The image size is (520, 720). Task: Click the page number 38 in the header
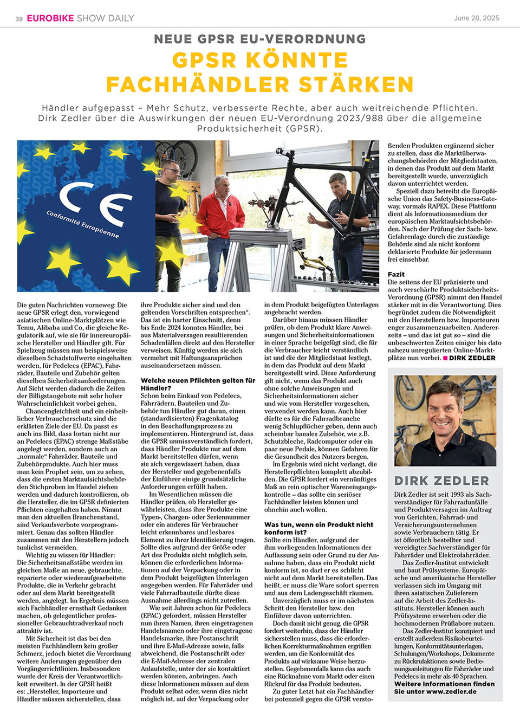pos(19,19)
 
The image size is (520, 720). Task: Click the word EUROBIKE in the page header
pos(50,18)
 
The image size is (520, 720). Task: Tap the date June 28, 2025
pos(477,18)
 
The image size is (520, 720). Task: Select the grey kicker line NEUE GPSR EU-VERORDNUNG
pos(260,39)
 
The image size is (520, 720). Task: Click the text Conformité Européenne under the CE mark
pos(82,224)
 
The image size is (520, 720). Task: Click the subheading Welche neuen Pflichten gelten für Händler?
pos(198,384)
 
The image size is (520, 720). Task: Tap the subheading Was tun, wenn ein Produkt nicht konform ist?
pos(318,528)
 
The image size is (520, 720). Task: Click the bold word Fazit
pos(396,274)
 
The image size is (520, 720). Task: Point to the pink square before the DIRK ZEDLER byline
pos(445,358)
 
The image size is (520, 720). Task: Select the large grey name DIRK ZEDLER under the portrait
pos(441,481)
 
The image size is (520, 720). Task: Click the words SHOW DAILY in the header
pos(106,18)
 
